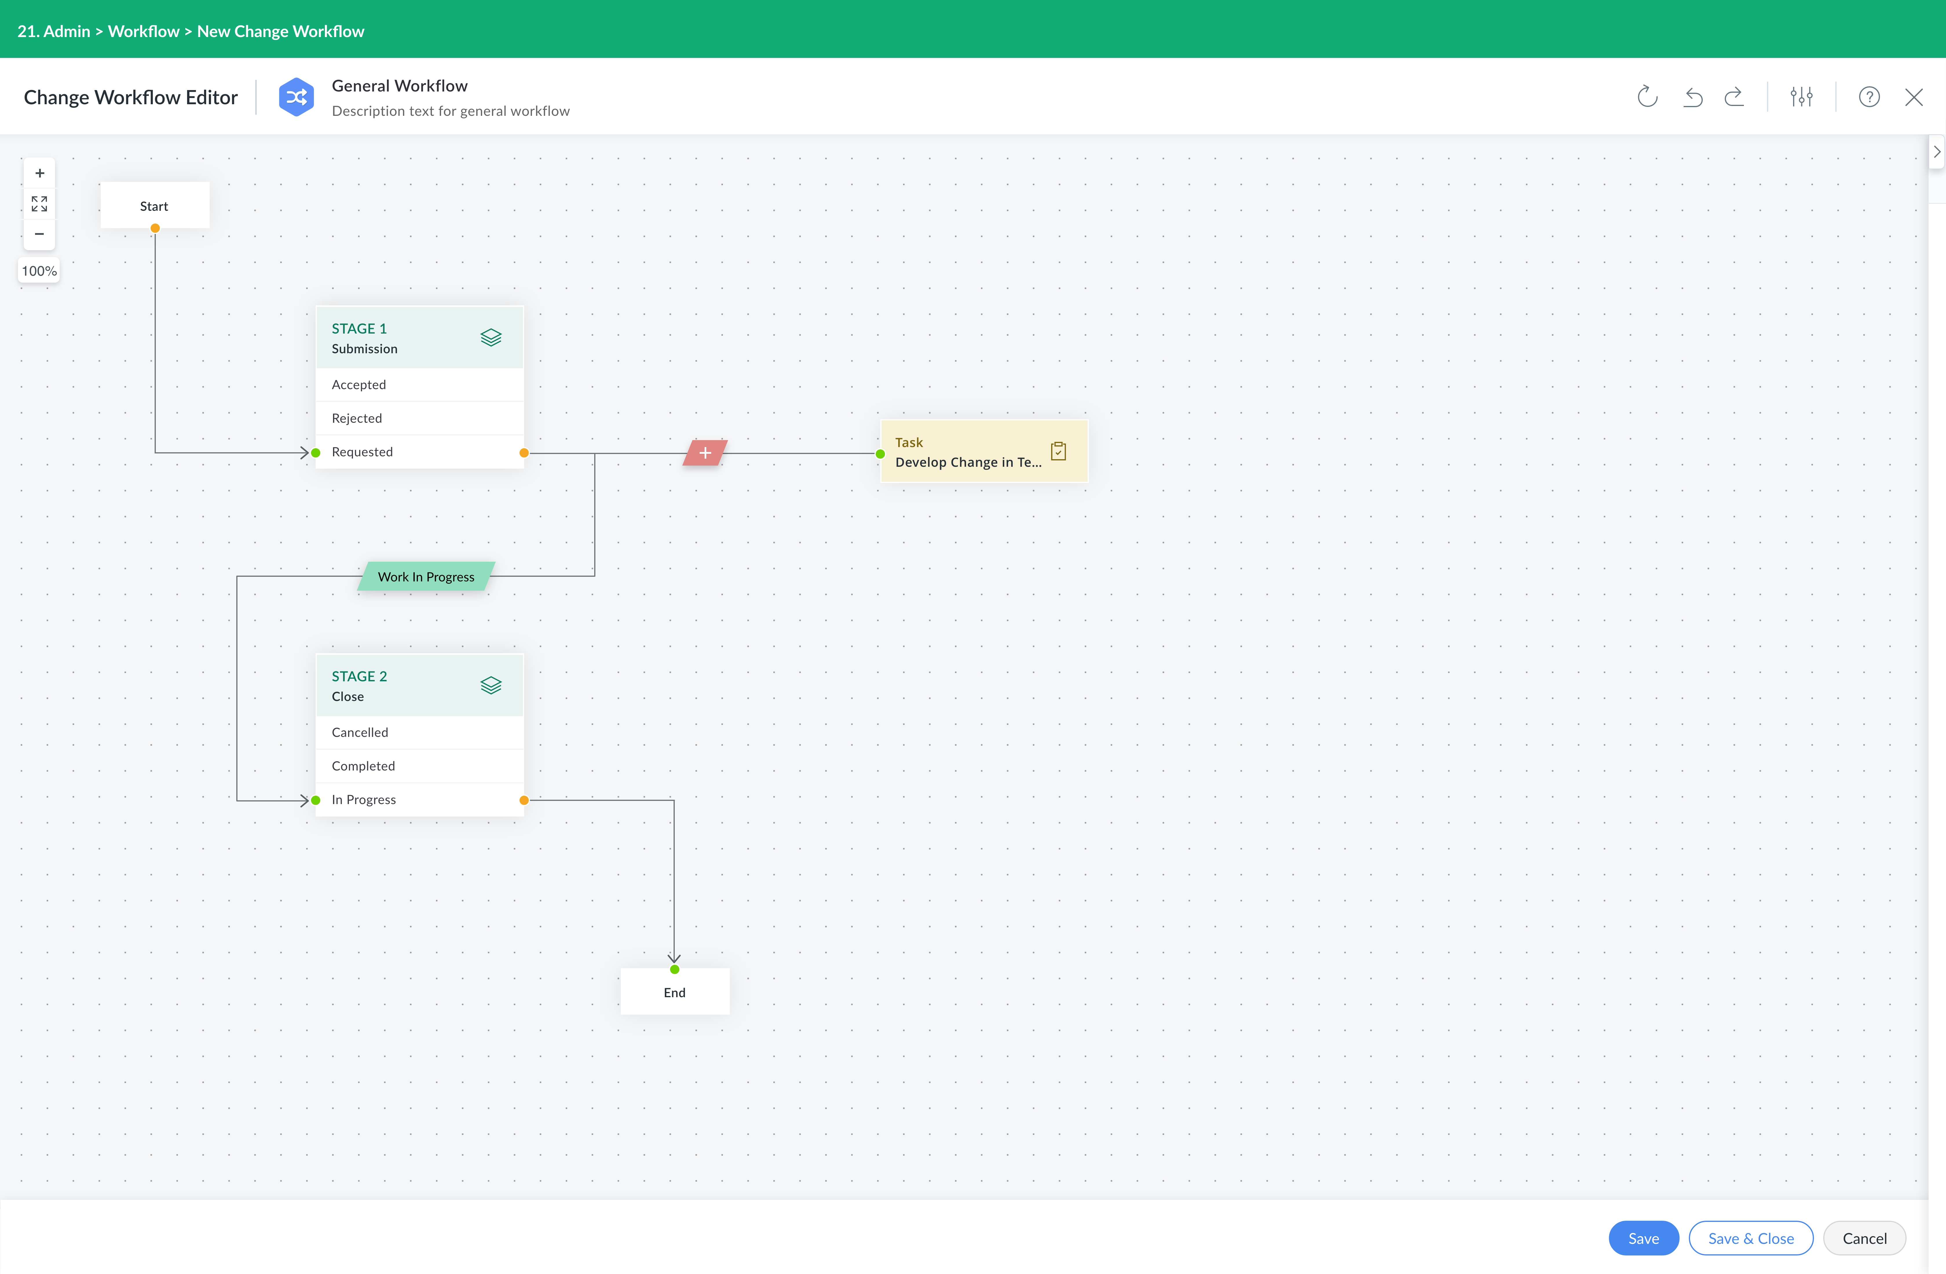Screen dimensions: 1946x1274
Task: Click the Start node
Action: (x=155, y=205)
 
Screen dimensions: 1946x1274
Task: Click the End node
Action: (x=674, y=992)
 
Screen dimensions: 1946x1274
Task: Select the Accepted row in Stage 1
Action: (x=419, y=384)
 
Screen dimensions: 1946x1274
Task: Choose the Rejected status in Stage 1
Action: (x=419, y=418)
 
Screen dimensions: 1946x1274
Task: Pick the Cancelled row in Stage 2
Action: (x=419, y=732)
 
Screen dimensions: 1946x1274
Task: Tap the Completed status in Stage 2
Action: (x=419, y=765)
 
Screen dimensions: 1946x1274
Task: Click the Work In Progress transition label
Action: (x=426, y=576)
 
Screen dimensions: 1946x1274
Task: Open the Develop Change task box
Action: (x=984, y=451)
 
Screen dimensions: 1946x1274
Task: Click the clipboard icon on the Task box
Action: (x=1058, y=451)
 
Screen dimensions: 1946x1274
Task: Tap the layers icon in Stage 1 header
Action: (x=491, y=337)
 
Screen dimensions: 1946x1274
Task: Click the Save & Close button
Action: (x=1751, y=1238)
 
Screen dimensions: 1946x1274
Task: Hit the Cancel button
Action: (x=1864, y=1238)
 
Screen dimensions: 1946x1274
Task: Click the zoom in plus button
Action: (x=39, y=173)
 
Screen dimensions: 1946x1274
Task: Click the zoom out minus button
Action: (x=39, y=234)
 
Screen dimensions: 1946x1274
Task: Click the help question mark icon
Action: (x=1869, y=97)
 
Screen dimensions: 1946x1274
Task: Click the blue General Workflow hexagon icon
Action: (x=296, y=97)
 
